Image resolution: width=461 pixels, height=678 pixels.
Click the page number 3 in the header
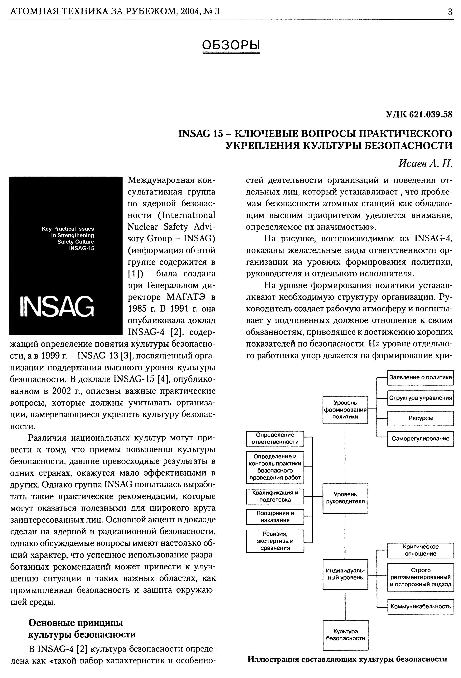(x=450, y=12)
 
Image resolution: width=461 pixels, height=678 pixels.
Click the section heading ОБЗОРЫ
(x=231, y=45)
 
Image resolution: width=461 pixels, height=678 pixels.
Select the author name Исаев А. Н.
(x=425, y=164)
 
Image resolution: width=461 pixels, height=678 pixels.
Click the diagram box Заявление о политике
(x=420, y=378)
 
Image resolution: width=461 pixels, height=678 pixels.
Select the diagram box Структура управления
(x=420, y=398)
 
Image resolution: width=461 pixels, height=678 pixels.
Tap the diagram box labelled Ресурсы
(x=420, y=418)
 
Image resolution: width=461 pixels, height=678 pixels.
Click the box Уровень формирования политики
(x=345, y=410)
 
